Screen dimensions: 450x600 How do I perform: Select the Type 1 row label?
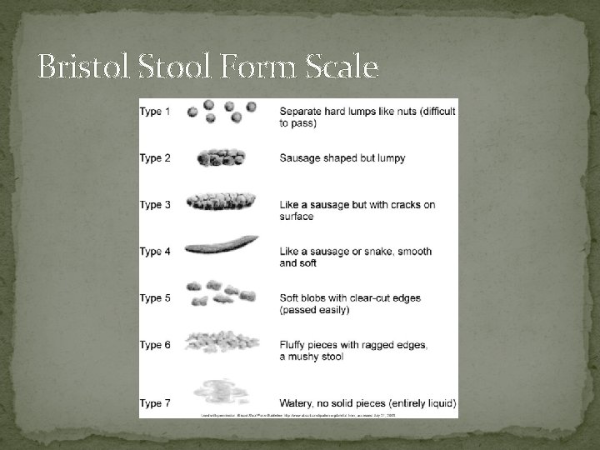tap(155, 111)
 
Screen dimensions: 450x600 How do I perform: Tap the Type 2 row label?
tap(155, 157)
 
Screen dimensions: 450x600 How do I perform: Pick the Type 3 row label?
tap(155, 204)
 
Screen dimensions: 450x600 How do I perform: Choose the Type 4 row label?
tap(155, 251)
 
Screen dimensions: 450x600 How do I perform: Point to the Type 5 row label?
tap(155, 297)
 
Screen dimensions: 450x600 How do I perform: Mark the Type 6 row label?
tap(155, 344)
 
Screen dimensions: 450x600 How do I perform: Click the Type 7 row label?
tap(155, 404)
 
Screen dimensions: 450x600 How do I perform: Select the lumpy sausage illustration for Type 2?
tap(222, 157)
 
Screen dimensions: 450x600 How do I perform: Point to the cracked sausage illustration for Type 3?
tap(222, 202)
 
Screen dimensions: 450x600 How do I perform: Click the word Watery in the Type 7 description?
tap(297, 404)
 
